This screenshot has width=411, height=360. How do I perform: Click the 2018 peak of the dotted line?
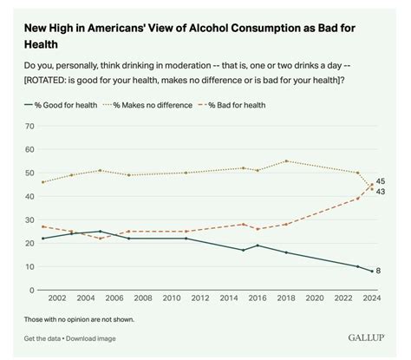tap(286, 161)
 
